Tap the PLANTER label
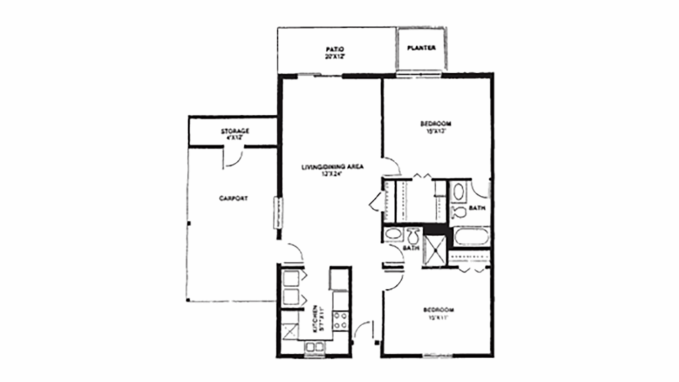(x=421, y=48)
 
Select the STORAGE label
(x=235, y=131)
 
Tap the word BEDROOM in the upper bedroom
(x=436, y=123)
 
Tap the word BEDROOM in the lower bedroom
(x=438, y=310)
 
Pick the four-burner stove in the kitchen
(x=340, y=321)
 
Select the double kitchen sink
(x=314, y=346)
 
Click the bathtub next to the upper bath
(x=470, y=237)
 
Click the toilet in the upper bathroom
(x=458, y=212)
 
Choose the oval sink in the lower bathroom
(x=393, y=235)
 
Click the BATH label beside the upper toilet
(x=477, y=208)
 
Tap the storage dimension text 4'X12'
(x=235, y=138)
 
